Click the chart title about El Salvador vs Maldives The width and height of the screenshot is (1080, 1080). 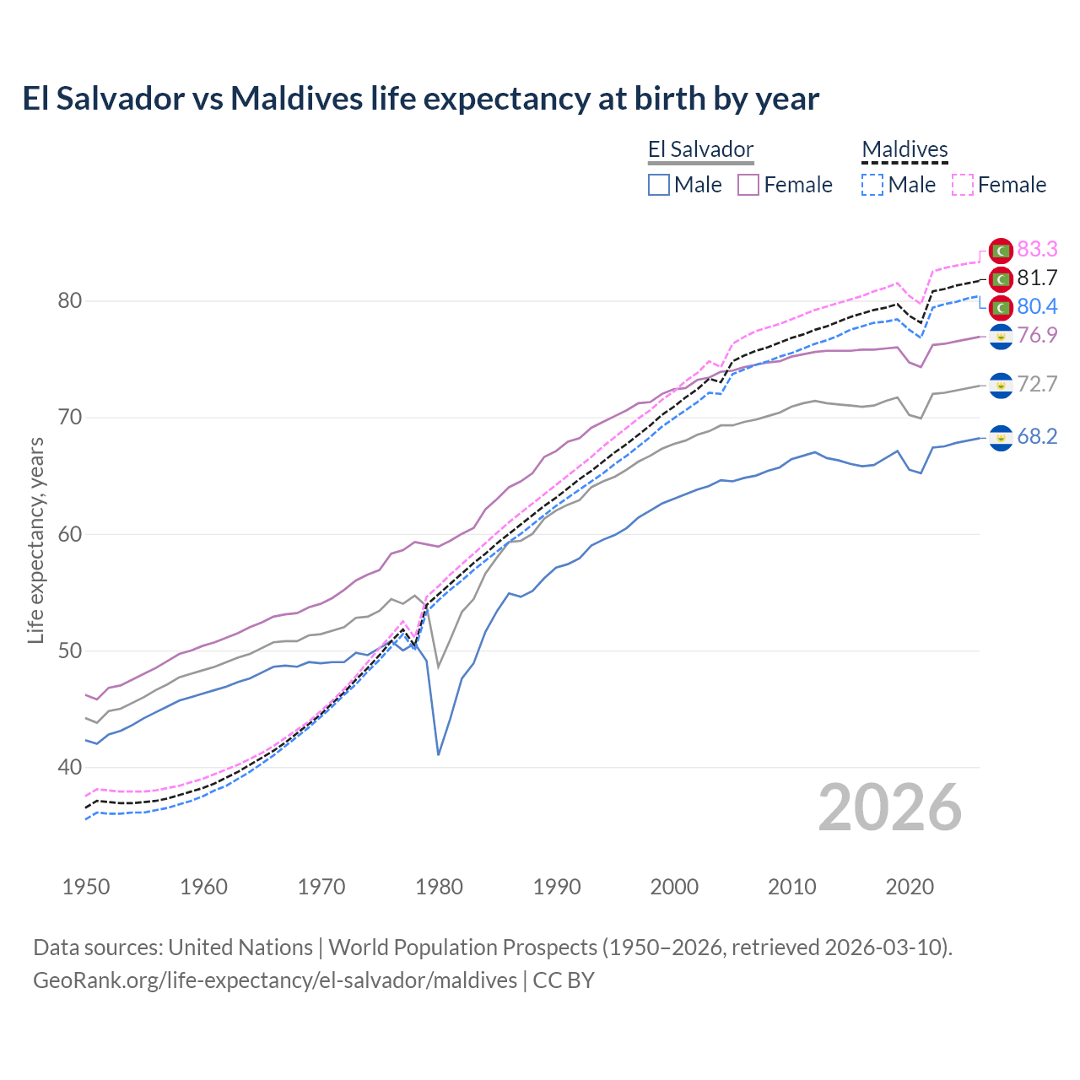coord(420,99)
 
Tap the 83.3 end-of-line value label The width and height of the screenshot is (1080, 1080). coord(1037,249)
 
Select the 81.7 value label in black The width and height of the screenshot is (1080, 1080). coord(1037,278)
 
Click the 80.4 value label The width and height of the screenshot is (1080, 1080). coord(1037,306)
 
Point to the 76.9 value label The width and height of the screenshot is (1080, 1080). coord(1037,335)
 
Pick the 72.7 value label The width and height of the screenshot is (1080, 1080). coord(1037,384)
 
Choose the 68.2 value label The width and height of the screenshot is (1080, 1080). coord(1037,436)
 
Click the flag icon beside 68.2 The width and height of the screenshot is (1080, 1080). coord(1001,437)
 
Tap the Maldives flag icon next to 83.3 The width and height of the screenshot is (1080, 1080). coord(1001,250)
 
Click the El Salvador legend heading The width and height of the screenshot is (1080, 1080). coord(700,150)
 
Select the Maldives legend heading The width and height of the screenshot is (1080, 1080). coord(904,150)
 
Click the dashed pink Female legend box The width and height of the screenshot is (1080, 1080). coord(963,185)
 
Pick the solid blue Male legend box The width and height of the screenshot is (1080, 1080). coord(659,185)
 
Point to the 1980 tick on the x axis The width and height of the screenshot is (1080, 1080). coord(439,887)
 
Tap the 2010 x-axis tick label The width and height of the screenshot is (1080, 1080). coord(791,887)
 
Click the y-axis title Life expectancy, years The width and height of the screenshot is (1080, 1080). coord(35,540)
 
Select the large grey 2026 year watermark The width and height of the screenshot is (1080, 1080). coord(890,807)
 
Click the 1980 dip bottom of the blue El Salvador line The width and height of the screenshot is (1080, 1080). coord(439,753)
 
